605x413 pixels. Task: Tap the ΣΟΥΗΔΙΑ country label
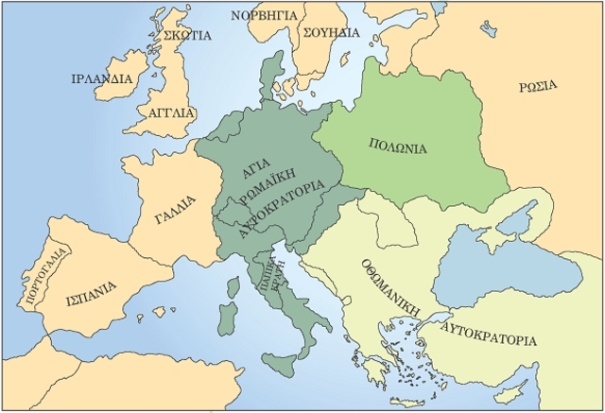point(332,31)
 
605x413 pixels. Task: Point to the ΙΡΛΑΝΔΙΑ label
point(101,78)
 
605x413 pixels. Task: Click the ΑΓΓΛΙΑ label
point(172,112)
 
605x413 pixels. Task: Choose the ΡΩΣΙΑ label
point(537,87)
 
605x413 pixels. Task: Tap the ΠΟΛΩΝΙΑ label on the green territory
point(397,148)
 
